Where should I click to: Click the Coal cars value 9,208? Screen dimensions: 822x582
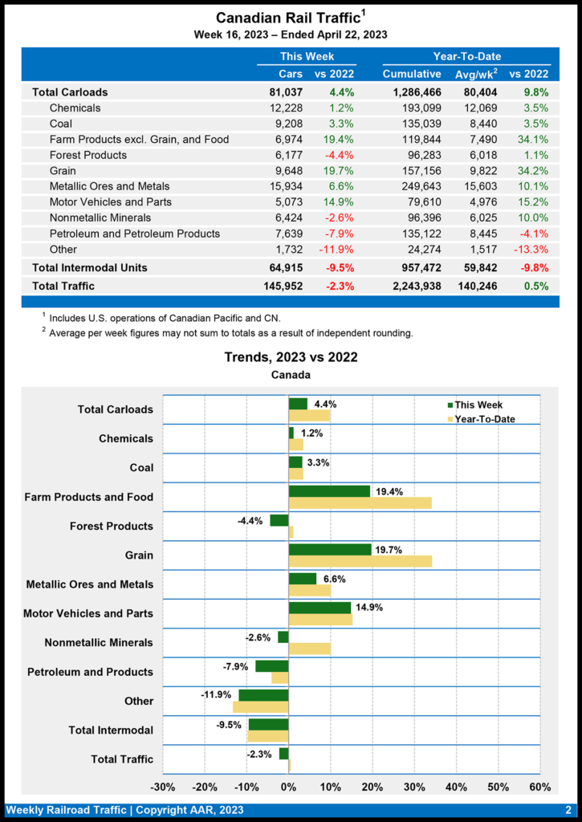286,124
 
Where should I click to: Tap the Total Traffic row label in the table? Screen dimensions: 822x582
63,285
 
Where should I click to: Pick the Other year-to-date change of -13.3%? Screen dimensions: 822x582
530,249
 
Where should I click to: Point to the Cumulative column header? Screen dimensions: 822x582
412,74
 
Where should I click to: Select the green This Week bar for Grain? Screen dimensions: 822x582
330,549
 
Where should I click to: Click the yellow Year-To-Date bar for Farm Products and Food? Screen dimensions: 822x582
360,503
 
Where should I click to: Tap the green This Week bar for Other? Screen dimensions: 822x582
263,695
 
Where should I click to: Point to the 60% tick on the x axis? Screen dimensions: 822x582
540,787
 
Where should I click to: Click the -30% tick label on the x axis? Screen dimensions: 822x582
163,787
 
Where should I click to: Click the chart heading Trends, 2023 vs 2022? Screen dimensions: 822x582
291,357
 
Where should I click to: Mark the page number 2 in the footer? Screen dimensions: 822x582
568,810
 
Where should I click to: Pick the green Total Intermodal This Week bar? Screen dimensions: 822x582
268,724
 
